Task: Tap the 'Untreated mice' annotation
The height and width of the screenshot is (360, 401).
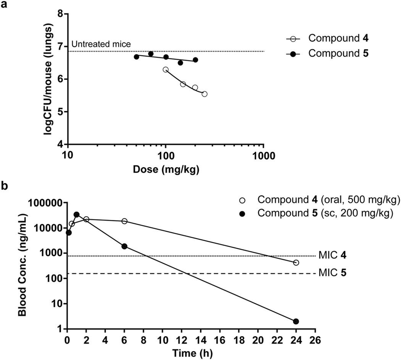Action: (x=102, y=44)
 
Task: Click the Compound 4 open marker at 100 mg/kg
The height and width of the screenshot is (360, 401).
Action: (x=165, y=69)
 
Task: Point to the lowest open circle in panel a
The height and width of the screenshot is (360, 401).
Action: (x=204, y=94)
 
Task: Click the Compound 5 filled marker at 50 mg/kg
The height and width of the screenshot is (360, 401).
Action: (x=136, y=57)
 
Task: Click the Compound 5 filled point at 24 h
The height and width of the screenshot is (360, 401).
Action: (x=296, y=321)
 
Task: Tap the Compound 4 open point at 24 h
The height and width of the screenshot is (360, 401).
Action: (x=296, y=263)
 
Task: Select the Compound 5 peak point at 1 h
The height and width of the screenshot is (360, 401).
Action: (x=76, y=215)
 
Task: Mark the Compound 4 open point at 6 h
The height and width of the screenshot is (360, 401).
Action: (x=124, y=221)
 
